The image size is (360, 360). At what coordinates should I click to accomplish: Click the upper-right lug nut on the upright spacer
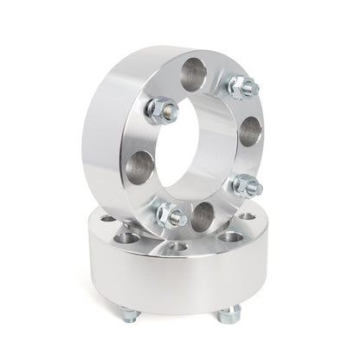click(x=241, y=87)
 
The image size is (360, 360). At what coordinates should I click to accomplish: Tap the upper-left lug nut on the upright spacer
click(x=163, y=109)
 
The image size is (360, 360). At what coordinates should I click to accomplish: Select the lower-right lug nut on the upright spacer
click(x=247, y=184)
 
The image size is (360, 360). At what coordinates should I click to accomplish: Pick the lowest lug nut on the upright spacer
click(x=171, y=215)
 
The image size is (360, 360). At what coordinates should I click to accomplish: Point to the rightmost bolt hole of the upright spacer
click(x=250, y=131)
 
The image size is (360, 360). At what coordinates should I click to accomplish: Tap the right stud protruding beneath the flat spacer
click(x=233, y=312)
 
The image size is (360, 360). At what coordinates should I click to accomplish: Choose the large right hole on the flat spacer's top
click(x=229, y=235)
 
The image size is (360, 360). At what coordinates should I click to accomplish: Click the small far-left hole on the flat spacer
click(x=106, y=219)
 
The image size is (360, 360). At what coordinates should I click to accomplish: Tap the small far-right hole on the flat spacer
click(x=248, y=216)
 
